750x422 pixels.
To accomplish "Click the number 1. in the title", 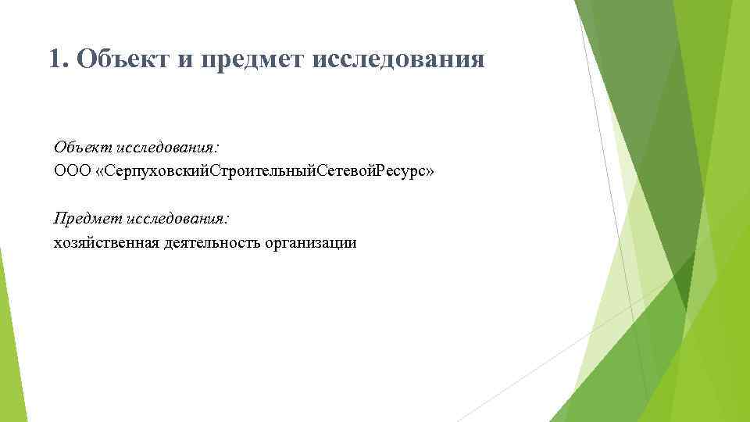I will click(57, 59).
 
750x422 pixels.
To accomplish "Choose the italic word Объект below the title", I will click(83, 147).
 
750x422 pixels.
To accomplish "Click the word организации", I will click(310, 243).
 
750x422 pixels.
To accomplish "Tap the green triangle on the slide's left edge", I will click(7, 344).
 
